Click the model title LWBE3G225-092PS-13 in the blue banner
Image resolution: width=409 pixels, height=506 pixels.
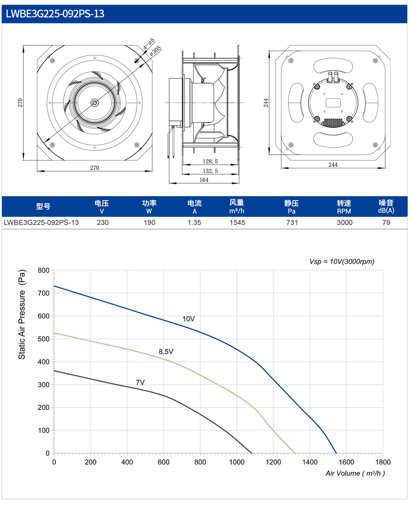click(55, 14)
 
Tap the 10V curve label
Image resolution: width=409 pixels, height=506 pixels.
click(188, 319)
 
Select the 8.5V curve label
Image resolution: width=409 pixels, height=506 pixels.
click(166, 351)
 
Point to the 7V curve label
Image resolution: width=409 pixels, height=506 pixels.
click(140, 382)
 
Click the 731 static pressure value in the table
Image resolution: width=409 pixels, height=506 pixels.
click(292, 222)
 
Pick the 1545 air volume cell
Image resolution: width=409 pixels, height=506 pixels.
click(237, 222)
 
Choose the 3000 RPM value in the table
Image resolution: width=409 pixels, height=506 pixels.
click(344, 222)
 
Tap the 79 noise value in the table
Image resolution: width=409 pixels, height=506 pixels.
click(386, 222)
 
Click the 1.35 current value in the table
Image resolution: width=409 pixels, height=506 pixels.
click(194, 222)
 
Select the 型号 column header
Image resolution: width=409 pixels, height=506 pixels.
click(43, 206)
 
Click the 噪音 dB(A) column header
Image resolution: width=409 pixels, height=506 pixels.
click(386, 206)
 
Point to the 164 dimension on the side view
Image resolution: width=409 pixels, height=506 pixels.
click(204, 180)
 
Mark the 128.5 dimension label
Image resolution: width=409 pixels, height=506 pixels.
click(210, 161)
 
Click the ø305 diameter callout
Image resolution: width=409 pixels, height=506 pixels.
click(155, 51)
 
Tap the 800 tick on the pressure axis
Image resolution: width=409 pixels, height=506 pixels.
click(43, 270)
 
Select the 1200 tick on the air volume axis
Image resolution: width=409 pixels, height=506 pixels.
click(273, 462)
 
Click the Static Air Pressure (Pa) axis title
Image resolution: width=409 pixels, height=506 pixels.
click(21, 314)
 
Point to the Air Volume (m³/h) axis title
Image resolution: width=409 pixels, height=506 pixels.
click(355, 474)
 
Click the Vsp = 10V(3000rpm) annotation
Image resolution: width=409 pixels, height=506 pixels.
click(342, 262)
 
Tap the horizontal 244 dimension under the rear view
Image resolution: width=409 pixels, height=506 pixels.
click(333, 165)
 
